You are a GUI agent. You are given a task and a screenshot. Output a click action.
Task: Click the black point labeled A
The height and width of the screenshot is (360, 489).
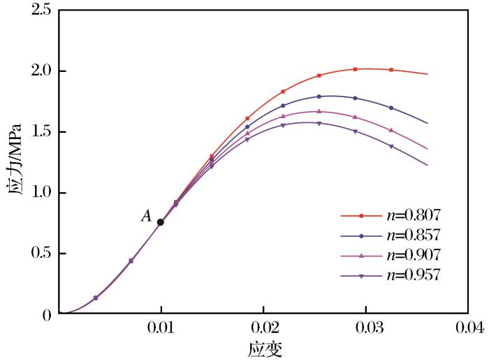(x=161, y=222)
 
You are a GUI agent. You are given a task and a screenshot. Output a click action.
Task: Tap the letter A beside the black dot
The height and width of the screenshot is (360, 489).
(x=146, y=217)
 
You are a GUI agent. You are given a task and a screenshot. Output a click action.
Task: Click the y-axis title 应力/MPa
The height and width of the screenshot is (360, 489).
(x=14, y=163)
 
